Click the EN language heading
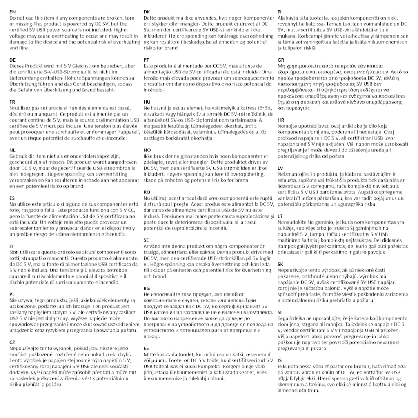pos(12,12)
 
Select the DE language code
pos(12,60)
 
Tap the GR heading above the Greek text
pos(281,60)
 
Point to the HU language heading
pos(147,101)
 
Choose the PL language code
pos(12,294)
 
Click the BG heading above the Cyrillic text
pos(147,288)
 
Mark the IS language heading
pos(280,360)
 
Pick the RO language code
pos(147,191)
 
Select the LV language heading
pos(280,168)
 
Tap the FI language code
pos(280,12)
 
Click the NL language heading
pos(12,150)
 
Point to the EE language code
pos(147,348)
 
